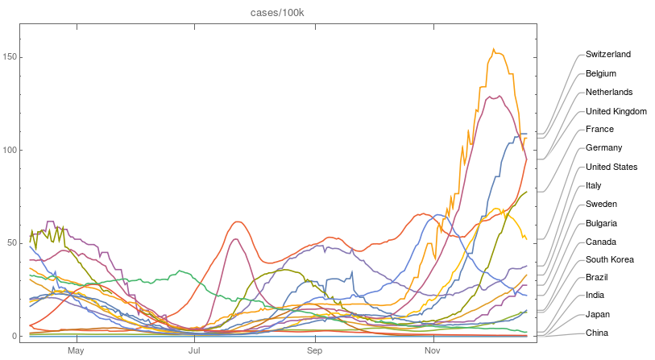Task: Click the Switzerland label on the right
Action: [x=607, y=55]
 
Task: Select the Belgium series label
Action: [x=601, y=73]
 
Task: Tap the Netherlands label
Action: [x=608, y=92]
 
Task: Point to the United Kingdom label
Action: [x=616, y=111]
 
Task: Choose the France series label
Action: [x=599, y=130]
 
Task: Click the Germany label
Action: [x=603, y=148]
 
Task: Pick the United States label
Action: [x=611, y=167]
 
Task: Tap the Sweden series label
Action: [x=601, y=205]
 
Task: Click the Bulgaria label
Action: [x=602, y=223]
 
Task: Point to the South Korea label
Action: [x=609, y=260]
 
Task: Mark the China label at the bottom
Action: [x=598, y=333]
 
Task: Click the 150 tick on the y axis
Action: [x=10, y=57]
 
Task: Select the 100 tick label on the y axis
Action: [x=10, y=151]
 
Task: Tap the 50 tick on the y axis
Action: [x=11, y=243]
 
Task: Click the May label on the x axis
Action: [x=76, y=351]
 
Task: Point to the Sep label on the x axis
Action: [x=314, y=351]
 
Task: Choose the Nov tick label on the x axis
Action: [x=433, y=351]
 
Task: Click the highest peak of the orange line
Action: [x=494, y=49]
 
